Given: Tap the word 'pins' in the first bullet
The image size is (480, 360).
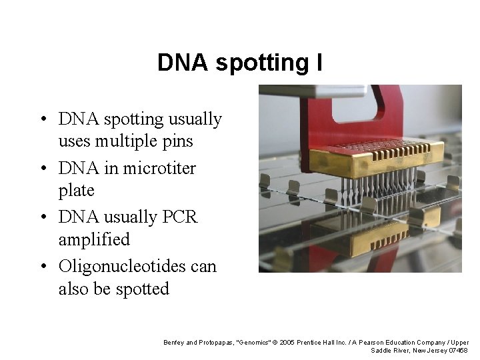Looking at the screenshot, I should [179, 141].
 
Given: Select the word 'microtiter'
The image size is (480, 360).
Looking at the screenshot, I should [157, 168].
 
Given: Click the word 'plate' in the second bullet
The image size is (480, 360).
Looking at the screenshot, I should [77, 191].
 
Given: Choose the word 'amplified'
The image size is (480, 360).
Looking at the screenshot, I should [94, 239].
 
